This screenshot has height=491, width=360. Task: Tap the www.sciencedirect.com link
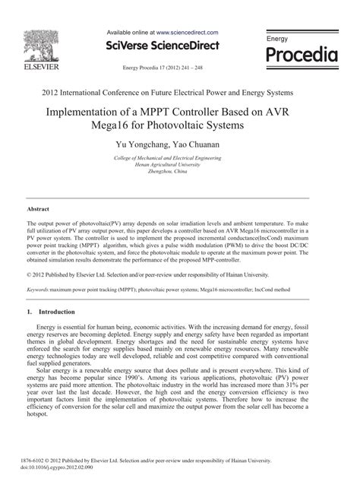point(188,33)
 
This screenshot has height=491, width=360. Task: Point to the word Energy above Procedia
point(277,38)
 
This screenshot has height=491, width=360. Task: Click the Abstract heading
point(38,207)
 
